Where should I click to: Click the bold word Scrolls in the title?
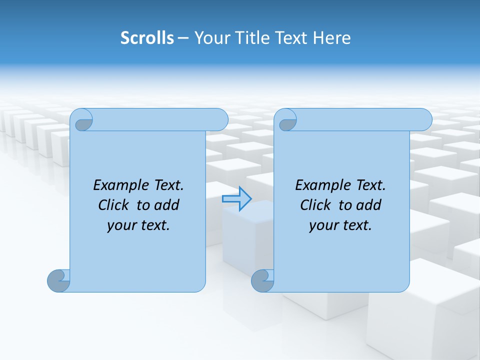[x=147, y=38]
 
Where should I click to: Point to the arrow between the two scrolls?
[x=237, y=198]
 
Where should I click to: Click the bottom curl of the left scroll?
[x=59, y=280]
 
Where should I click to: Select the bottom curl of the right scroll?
[x=263, y=280]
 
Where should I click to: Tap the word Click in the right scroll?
[x=315, y=205]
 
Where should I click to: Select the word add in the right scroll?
[x=369, y=205]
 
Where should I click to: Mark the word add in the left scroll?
[x=167, y=205]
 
